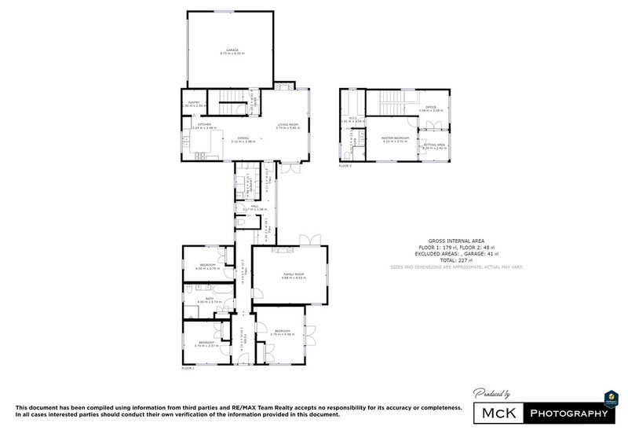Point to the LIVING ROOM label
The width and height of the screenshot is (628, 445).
click(x=288, y=124)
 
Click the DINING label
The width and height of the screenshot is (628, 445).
click(x=243, y=138)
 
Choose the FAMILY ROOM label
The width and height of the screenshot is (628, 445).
click(x=294, y=274)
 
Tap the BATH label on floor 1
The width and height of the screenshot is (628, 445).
click(x=210, y=299)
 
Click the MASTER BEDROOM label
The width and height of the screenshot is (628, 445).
click(x=392, y=138)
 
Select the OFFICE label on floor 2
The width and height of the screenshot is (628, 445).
click(x=430, y=108)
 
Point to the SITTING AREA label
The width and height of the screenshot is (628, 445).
click(x=435, y=144)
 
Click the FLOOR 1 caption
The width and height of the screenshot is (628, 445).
click(x=188, y=368)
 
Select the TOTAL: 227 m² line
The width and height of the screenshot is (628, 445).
click(x=456, y=260)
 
